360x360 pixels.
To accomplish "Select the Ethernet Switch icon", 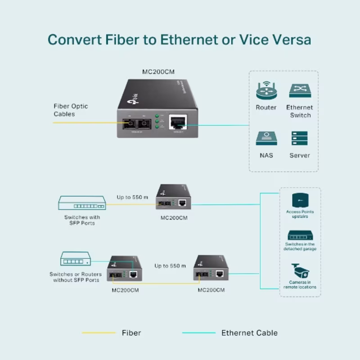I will [x=299, y=90].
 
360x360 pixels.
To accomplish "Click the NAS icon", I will [x=266, y=139].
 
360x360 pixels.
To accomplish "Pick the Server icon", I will [x=299, y=139].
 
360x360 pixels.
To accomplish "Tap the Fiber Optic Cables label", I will [x=71, y=110].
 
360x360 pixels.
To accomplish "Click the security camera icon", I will [x=300, y=270].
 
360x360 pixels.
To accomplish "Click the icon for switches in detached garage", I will [x=300, y=235].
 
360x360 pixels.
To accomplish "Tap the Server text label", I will [x=299, y=155].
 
